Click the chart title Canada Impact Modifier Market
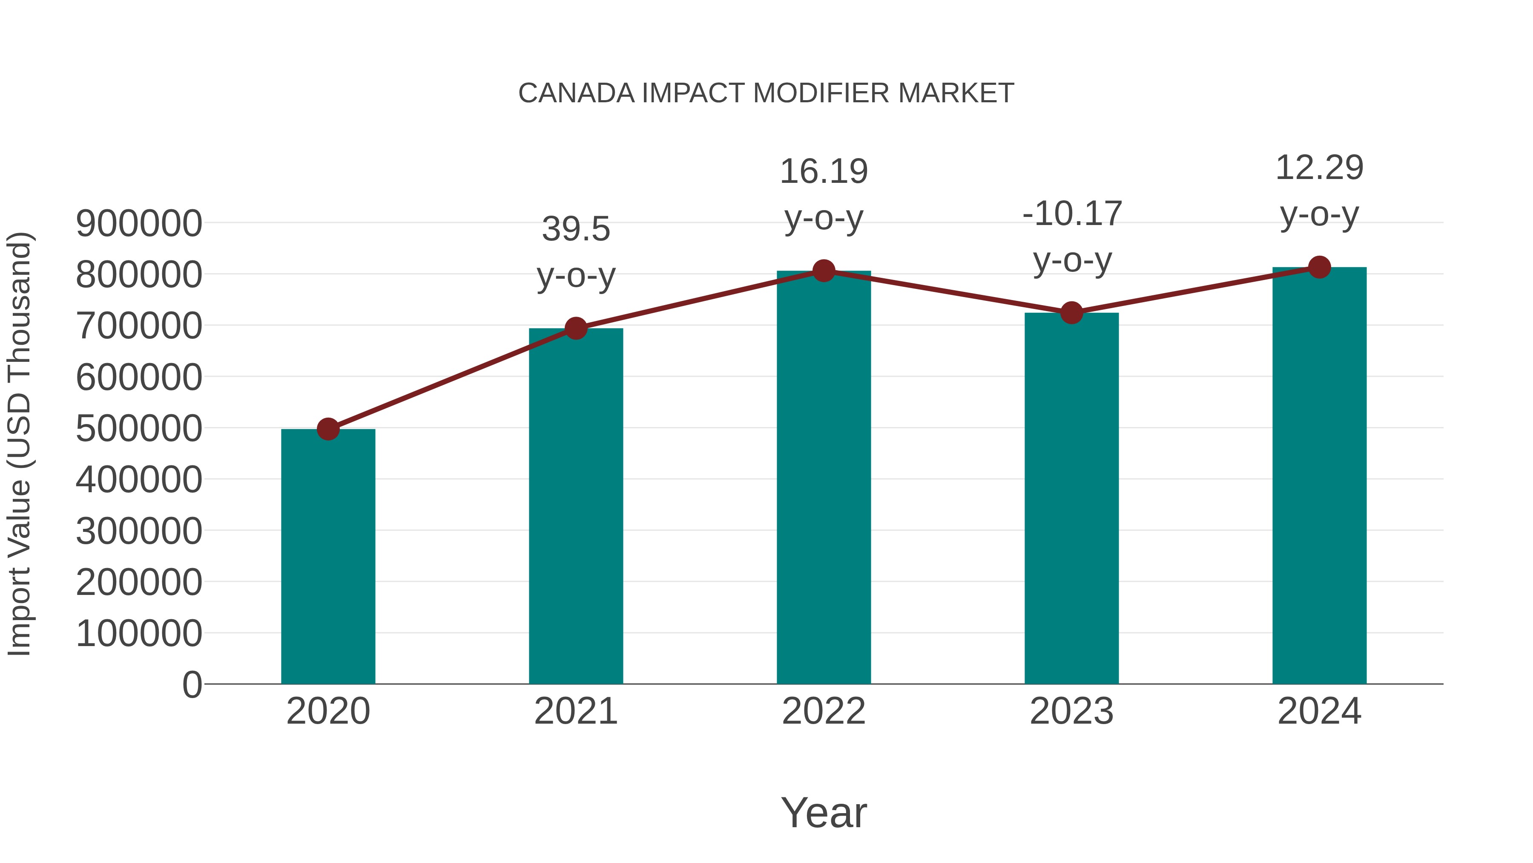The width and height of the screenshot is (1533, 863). coord(766,93)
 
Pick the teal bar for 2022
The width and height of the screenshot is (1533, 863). coord(824,477)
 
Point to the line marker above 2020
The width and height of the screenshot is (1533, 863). coord(328,429)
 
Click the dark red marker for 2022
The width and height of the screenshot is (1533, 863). coord(824,271)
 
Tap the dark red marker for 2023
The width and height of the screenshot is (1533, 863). coord(1071,313)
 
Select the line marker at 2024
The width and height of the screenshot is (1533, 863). coord(1319,267)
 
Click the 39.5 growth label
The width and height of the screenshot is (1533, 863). coord(575,229)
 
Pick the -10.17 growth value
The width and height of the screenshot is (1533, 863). coord(1072,214)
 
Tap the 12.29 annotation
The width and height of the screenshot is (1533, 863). coord(1319,168)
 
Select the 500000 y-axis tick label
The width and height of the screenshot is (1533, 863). coord(139,429)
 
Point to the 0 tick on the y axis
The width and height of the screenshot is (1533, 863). coord(192,685)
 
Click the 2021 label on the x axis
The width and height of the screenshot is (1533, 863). coord(575,711)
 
